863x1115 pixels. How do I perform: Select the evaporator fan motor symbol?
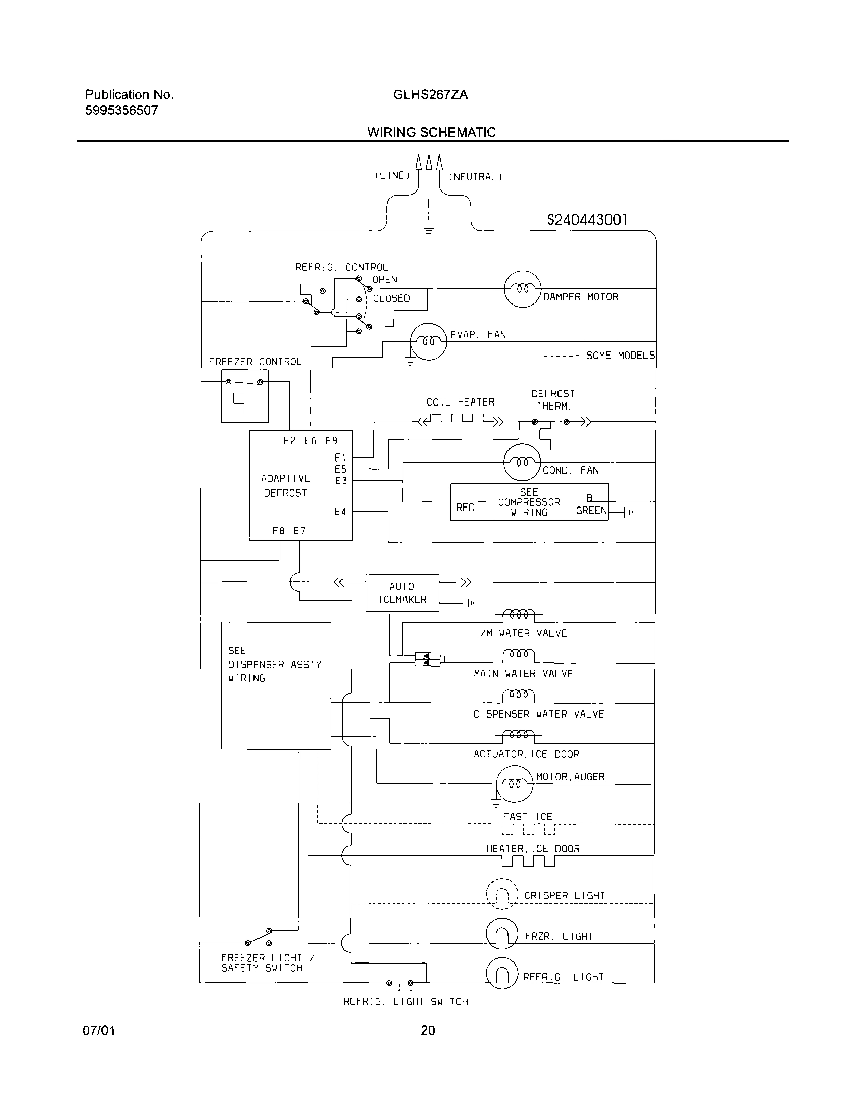(429, 341)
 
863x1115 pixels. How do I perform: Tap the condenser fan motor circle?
(522, 462)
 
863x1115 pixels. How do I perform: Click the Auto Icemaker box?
(402, 593)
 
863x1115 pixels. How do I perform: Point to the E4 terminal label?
(340, 511)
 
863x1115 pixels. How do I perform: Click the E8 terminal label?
(278, 530)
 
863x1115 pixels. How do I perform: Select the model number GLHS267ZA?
(430, 95)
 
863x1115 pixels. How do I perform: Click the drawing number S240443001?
(587, 220)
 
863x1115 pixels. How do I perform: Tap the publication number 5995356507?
(122, 110)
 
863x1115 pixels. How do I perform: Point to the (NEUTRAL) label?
(475, 177)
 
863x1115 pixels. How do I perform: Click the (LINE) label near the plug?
(392, 175)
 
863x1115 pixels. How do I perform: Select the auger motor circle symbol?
(514, 783)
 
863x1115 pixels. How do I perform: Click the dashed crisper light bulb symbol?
(502, 894)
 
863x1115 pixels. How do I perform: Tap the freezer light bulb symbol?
(502, 934)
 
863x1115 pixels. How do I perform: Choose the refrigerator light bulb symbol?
(502, 974)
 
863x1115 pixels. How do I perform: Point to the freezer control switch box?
(244, 396)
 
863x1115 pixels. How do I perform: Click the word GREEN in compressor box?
(591, 510)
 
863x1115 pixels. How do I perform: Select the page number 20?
(428, 1030)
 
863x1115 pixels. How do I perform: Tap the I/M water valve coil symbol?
(519, 615)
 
